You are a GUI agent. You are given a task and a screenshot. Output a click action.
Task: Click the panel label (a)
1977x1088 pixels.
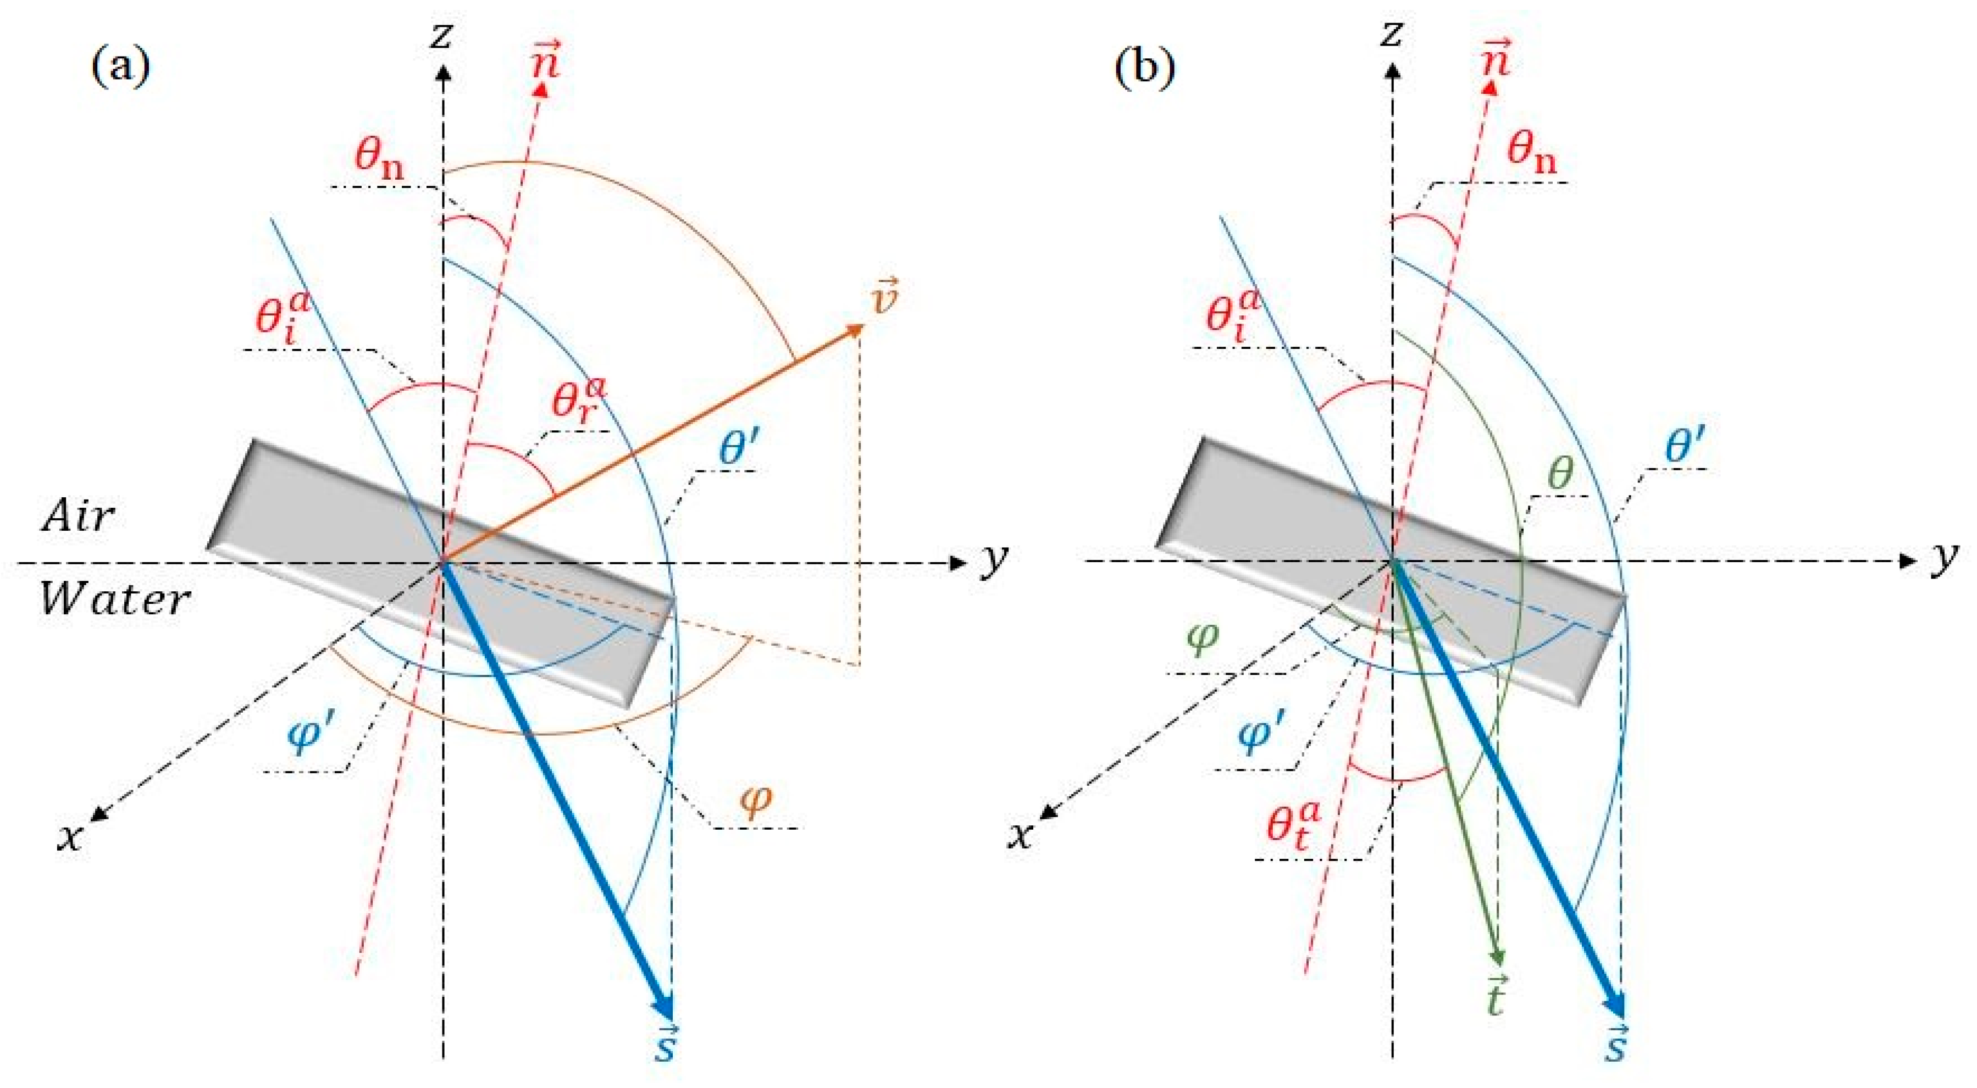(120, 68)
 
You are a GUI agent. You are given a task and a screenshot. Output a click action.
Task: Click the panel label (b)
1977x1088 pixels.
(1145, 68)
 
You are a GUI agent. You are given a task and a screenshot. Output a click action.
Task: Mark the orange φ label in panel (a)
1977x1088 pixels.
(755, 801)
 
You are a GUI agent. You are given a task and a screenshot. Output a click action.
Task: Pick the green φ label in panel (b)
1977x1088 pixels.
(1202, 639)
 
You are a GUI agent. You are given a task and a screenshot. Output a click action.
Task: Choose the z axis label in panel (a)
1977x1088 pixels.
(440, 35)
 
